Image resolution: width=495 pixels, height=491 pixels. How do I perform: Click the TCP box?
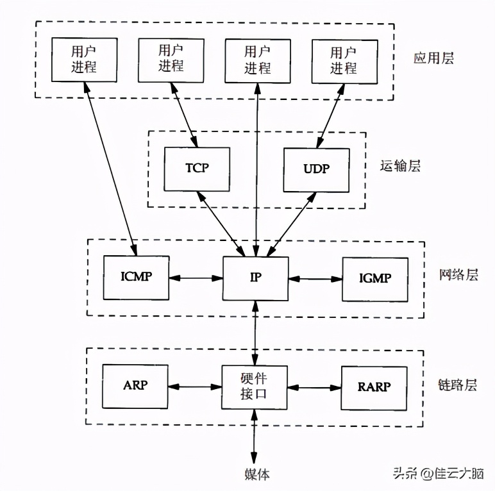196,169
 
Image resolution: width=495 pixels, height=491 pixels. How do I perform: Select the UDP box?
317,170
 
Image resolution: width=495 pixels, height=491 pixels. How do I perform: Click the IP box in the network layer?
255,278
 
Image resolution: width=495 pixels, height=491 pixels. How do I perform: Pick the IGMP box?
375,279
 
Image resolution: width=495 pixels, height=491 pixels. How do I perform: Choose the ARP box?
135,387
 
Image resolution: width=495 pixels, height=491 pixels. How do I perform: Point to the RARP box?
374,388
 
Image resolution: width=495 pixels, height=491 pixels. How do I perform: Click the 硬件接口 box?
255,387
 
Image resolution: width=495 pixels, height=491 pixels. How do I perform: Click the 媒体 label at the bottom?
256,474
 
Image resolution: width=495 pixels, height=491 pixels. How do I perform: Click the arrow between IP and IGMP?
315,278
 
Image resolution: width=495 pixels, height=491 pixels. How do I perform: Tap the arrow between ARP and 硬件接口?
195,387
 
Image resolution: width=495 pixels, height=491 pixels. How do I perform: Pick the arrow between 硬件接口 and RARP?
314,387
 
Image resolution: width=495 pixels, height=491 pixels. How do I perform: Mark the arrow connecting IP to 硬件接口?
255,333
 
